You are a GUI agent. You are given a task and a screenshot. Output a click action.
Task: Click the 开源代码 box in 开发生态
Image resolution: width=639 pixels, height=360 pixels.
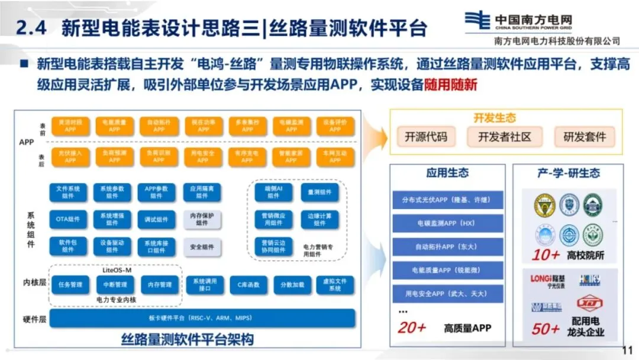pos(426,137)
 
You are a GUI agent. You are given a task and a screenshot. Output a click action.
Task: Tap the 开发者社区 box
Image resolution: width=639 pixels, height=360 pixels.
pos(505,137)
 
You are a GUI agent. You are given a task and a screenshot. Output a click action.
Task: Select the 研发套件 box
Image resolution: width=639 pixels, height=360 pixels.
pos(585,137)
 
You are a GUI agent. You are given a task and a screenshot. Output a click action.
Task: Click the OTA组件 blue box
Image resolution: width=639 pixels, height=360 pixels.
pos(68,219)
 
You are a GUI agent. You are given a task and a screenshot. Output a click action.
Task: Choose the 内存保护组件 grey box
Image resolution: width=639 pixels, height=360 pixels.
pos(202,219)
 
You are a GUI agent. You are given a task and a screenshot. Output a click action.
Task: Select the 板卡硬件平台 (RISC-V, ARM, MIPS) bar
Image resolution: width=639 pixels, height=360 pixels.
pos(202,319)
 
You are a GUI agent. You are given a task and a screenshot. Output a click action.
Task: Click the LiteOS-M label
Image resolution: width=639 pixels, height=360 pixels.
pos(117,270)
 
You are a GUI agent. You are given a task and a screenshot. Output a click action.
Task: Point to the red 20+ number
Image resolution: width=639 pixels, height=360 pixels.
pos(412,327)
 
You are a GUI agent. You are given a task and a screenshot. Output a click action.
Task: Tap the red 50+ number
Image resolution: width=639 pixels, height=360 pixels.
pos(545,329)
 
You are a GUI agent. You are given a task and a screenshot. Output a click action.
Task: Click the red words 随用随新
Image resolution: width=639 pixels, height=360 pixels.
pos(450,85)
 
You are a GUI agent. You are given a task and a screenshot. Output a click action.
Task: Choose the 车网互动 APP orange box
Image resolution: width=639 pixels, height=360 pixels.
pos(335,156)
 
